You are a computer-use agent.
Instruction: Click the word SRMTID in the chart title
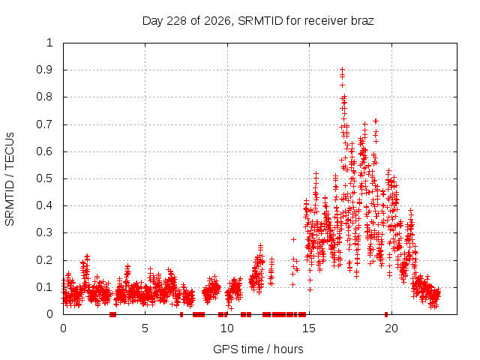[260, 21]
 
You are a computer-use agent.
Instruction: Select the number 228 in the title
[176, 21]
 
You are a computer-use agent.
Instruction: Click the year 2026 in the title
[217, 22]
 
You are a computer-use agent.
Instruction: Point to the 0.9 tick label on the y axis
[45, 70]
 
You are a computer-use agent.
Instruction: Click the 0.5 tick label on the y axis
[45, 178]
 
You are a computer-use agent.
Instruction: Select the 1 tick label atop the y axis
[50, 43]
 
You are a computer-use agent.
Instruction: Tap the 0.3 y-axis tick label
[45, 232]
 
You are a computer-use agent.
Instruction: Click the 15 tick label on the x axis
[309, 328]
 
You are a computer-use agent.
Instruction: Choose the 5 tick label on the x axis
[145, 328]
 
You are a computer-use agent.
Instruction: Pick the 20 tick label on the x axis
[391, 328]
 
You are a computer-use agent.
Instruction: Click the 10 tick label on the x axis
[226, 328]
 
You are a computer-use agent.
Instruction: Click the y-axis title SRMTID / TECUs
[10, 179]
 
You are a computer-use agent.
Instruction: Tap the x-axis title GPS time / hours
[258, 349]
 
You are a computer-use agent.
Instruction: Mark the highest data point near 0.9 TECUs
[343, 69]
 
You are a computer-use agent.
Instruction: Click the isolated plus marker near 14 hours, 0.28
[293, 239]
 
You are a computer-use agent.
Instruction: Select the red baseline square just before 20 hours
[386, 314]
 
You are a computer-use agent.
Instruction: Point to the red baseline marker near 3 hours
[112, 314]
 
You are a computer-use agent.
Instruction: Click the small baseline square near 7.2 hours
[181, 314]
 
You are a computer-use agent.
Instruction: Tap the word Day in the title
[152, 22]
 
